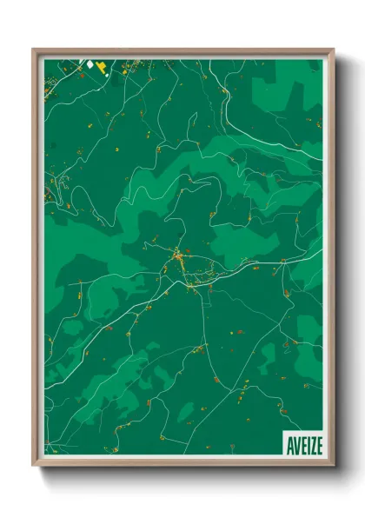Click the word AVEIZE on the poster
coord(302,446)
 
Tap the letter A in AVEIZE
coord(289,446)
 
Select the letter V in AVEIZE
coord(295,446)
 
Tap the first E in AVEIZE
coord(300,446)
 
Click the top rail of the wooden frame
coord(182,50)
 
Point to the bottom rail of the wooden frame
coord(182,467)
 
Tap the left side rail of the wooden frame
coord(35,261)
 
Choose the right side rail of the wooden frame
coord(332,261)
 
